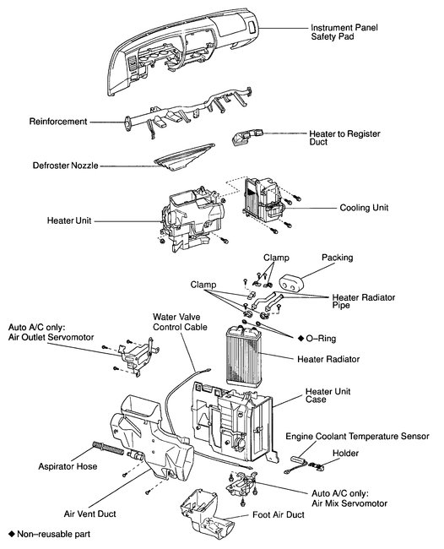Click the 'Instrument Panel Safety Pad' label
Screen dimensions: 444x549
(344, 32)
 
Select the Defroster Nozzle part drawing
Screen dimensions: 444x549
(184, 157)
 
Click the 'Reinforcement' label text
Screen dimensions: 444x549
(58, 122)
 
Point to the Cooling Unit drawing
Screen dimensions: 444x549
(264, 200)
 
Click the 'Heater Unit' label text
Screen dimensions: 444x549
(69, 220)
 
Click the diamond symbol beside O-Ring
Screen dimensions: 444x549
(301, 338)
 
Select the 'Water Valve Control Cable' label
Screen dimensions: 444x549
(180, 322)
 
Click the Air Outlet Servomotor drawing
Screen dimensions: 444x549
(138, 356)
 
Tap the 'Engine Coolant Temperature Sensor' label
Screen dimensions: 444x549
(357, 437)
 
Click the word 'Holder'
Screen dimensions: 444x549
(345, 453)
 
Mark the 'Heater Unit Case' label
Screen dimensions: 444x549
(328, 395)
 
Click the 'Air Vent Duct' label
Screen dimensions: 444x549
(90, 514)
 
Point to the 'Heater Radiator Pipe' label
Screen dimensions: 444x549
(364, 302)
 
